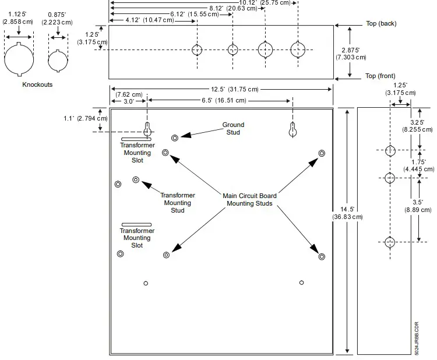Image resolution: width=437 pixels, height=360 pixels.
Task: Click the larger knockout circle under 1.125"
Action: coord(19,59)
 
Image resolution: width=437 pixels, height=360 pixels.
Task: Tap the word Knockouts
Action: coord(37,84)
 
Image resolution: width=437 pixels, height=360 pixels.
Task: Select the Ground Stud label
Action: coord(233,128)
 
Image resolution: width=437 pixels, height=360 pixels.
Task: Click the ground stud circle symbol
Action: coord(175,137)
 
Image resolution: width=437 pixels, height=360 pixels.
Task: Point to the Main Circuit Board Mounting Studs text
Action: coord(250,200)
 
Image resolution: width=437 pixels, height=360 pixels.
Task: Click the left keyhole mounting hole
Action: coord(148,130)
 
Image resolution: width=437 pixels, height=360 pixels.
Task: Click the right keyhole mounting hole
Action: coord(293,130)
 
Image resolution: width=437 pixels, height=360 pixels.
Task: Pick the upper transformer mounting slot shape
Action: coord(136,139)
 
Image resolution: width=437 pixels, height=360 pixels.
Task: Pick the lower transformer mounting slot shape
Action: coord(136,224)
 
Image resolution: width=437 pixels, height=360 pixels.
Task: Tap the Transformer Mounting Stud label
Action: coord(178,203)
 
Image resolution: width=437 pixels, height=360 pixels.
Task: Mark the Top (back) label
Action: coord(380,23)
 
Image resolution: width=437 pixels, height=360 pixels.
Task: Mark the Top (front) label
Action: coord(380,76)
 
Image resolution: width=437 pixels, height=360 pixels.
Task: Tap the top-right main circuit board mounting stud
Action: coord(322,153)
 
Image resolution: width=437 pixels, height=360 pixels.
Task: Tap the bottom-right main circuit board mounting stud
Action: coord(320,255)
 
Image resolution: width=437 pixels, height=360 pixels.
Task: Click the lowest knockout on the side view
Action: coord(390,241)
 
